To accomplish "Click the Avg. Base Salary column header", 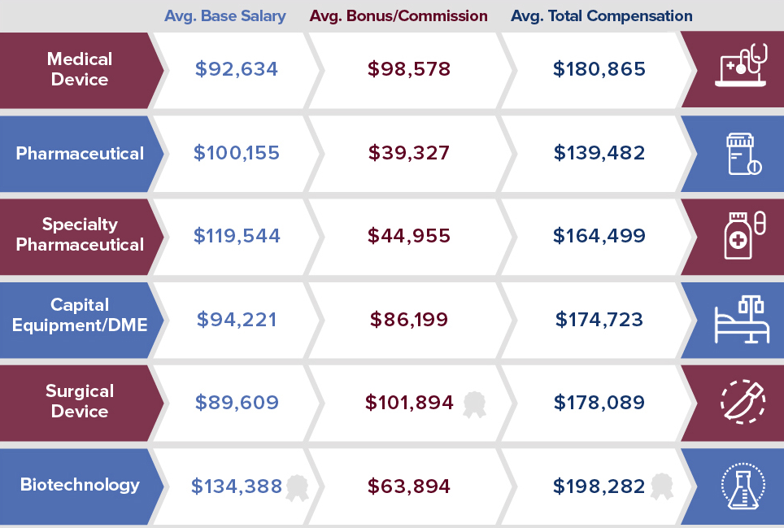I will (225, 16).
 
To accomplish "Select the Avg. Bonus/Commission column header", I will (399, 16).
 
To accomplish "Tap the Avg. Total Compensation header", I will (602, 16).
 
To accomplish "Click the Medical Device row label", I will (79, 69).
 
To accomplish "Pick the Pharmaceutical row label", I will (80, 154).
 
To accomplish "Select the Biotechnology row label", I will (80, 485).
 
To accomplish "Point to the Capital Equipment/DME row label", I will (80, 315).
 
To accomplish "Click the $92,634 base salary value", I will (237, 69).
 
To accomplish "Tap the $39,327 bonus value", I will (408, 153).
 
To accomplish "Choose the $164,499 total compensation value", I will (599, 236).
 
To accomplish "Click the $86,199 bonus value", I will (408, 320).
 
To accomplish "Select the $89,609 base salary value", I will (237, 403).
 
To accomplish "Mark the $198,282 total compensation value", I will (599, 487).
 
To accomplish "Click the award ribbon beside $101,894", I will (474, 404).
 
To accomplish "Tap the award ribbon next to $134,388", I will (296, 487).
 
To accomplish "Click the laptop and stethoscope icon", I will (741, 65).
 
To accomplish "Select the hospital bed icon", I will (741, 320).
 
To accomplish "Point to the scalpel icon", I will (741, 401).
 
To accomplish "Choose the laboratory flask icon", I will (741, 486).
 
